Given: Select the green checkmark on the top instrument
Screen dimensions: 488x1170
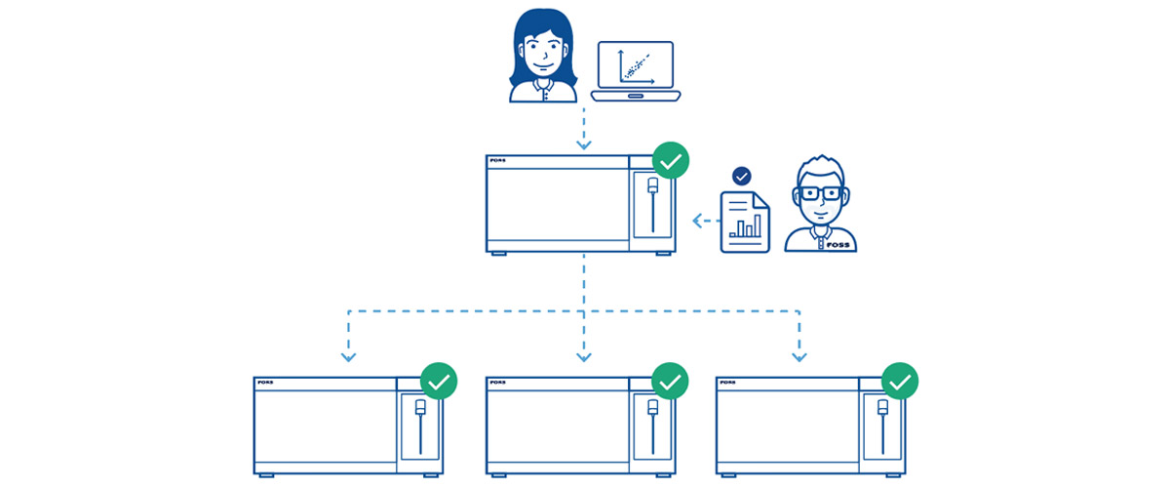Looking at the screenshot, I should click(670, 159).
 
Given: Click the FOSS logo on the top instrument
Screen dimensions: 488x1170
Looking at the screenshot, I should click(501, 162).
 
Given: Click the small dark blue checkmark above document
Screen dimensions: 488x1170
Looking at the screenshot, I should click(742, 177).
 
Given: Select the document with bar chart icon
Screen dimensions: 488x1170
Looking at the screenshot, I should click(744, 223).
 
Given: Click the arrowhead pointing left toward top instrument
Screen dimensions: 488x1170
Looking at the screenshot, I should click(698, 222).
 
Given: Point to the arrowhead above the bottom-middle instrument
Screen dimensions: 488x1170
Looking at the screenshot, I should click(584, 355).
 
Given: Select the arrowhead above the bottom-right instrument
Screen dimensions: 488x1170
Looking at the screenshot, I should click(799, 355).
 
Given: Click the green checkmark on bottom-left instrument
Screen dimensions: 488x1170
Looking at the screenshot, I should click(439, 381).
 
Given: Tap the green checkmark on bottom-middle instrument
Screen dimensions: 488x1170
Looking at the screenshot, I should click(670, 381).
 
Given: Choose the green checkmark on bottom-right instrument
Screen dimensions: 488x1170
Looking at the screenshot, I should click(900, 381).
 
